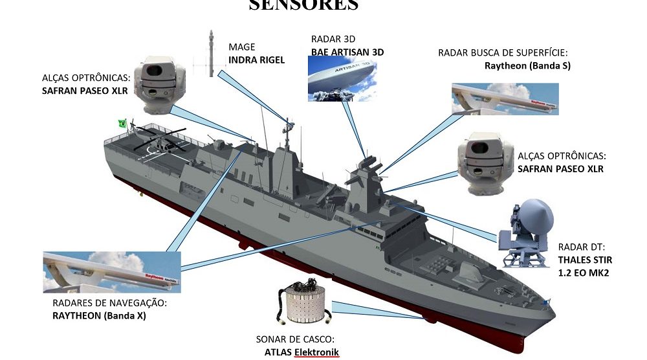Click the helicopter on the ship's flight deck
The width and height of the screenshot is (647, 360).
click(159, 144)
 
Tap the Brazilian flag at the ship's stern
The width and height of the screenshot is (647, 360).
click(122, 123)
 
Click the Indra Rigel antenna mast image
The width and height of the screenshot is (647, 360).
click(212, 53)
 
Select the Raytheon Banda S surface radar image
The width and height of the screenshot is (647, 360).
click(505, 98)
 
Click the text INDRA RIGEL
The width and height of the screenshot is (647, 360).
click(256, 60)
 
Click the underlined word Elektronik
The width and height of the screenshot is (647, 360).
click(316, 352)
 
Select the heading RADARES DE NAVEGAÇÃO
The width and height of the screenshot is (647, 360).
click(109, 303)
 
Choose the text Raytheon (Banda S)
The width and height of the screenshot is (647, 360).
click(527, 65)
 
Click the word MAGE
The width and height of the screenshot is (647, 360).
click(242, 47)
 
